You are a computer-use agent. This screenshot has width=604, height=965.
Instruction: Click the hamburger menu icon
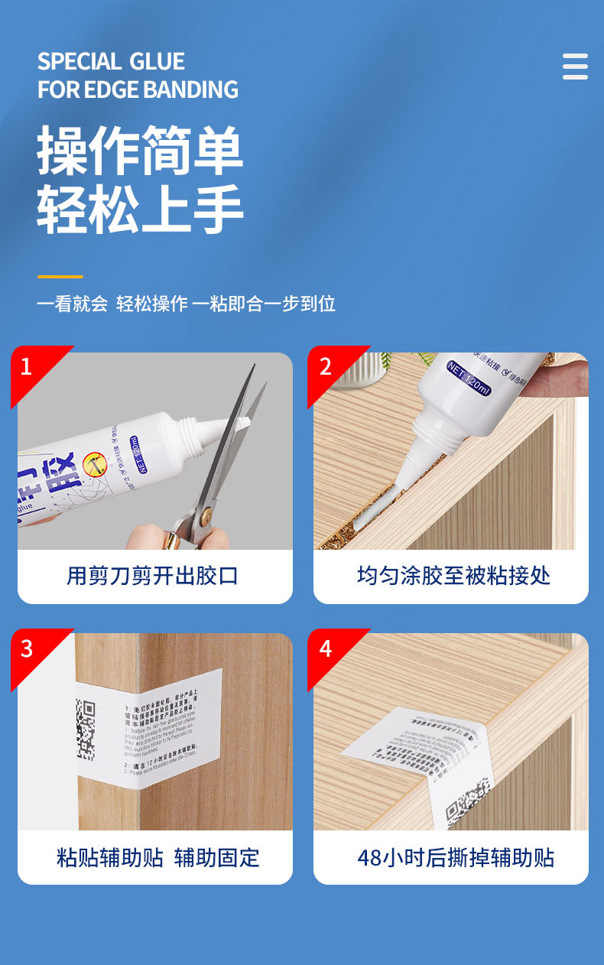pyautogui.click(x=575, y=67)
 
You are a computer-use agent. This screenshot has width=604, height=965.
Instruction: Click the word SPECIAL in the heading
pyautogui.click(x=80, y=61)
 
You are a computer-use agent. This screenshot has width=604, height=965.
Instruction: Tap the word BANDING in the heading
pyautogui.click(x=194, y=89)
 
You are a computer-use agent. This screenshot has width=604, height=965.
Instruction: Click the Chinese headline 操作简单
pyautogui.click(x=140, y=151)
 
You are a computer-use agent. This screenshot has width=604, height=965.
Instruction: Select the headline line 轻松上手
pyautogui.click(x=140, y=208)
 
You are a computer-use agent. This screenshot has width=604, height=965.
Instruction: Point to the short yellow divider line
pyautogui.click(x=60, y=276)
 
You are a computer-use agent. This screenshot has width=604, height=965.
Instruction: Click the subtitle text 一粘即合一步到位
pyautogui.click(x=264, y=304)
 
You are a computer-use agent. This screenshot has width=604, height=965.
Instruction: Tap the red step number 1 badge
pyautogui.click(x=27, y=367)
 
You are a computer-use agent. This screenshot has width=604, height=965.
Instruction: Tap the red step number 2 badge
pyautogui.click(x=326, y=367)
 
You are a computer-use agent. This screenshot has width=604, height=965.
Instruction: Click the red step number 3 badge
pyautogui.click(x=27, y=648)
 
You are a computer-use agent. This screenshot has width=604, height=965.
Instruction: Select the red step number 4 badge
pyautogui.click(x=326, y=648)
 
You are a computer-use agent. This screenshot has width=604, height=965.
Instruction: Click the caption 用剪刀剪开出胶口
pyautogui.click(x=153, y=576)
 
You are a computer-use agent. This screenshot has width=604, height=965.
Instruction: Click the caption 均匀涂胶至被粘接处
pyautogui.click(x=453, y=576)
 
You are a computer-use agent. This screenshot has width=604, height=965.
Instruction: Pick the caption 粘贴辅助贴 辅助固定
pyautogui.click(x=157, y=857)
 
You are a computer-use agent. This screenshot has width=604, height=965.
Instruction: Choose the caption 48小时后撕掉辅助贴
pyautogui.click(x=456, y=857)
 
